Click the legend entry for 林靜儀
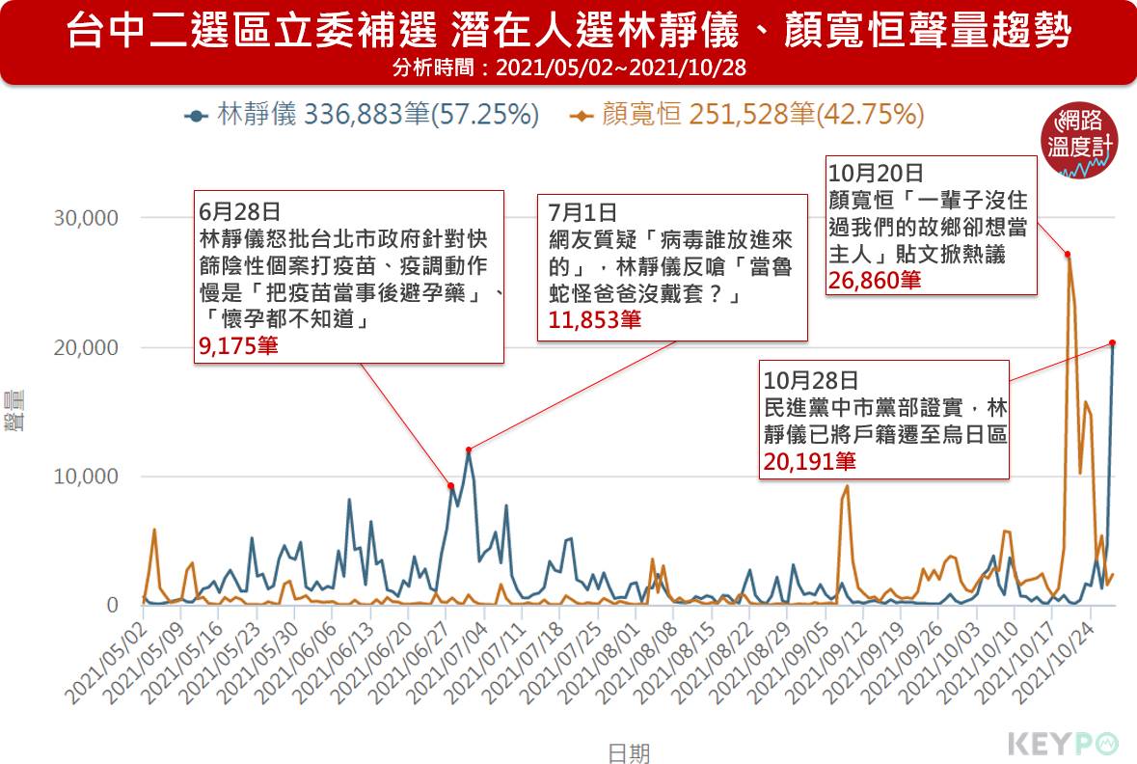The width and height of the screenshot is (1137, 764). coord(362,116)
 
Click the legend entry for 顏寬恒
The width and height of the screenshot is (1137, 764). coord(747,116)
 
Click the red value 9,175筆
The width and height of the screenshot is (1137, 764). coord(238,346)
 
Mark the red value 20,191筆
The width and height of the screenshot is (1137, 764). coord(809,461)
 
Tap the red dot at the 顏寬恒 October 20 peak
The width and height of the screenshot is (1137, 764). coord(1068,255)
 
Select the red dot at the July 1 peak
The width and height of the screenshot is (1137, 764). coord(469,450)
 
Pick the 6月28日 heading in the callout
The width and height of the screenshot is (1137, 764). coord(239,209)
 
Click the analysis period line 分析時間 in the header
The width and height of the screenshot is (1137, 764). coord(569,68)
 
